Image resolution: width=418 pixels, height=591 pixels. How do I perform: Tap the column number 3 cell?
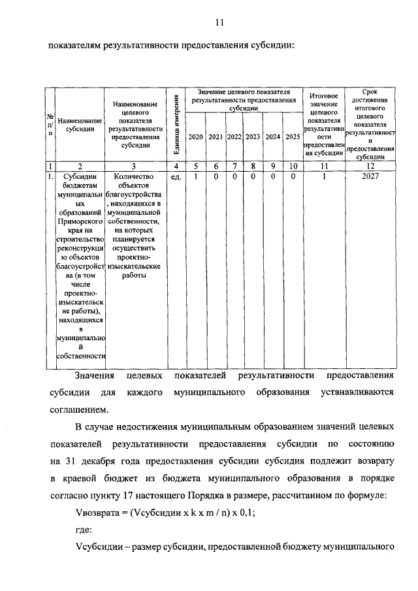pos(134,167)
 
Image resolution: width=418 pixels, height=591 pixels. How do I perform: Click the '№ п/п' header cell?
pos(50,124)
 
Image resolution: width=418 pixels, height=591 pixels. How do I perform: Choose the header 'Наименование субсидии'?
pos(80,125)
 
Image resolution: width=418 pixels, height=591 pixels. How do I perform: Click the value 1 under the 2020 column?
pos(195,176)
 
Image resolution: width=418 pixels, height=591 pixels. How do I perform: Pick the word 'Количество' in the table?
pos(133,176)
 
